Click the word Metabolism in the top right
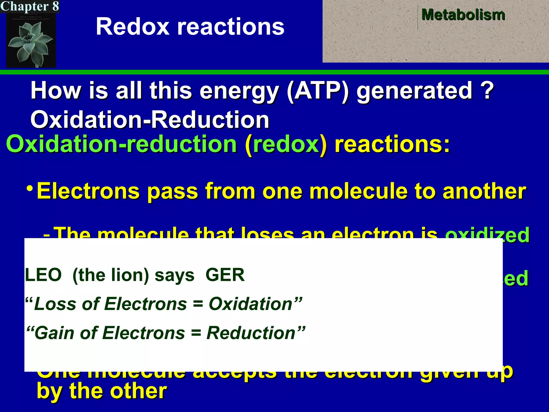[463, 15]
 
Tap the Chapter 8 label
[29, 6]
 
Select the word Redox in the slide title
[133, 27]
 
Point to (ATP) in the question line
[318, 91]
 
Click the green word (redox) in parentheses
[286, 144]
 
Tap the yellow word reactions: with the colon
[392, 144]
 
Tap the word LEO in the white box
[43, 275]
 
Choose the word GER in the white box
[225, 275]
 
